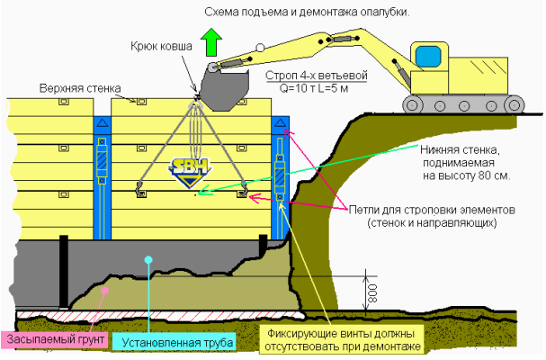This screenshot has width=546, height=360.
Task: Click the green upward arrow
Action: coord(211,42)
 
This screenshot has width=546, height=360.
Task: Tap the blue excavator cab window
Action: coord(428,56)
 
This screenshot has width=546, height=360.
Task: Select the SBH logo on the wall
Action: coord(190,172)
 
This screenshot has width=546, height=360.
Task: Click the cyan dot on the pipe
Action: coord(148,259)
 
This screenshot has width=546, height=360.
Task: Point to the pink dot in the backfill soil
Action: coord(105,290)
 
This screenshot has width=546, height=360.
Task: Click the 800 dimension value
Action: coord(371,293)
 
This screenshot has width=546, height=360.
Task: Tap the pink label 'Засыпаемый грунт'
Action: coord(56,339)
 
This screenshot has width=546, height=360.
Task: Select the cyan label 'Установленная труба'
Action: coord(177,343)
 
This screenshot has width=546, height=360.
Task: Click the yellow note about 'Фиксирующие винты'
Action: coord(342,340)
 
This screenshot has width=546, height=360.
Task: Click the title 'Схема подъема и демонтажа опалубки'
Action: coord(307,13)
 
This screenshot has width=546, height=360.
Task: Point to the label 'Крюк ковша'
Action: coord(161,47)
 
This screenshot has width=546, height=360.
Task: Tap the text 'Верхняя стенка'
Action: coord(80,88)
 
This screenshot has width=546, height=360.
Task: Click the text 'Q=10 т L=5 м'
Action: coord(314,88)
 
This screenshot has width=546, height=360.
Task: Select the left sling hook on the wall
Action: coord(139,188)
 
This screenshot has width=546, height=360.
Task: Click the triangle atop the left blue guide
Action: coord(102,122)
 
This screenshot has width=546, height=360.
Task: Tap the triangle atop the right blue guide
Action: coord(280,122)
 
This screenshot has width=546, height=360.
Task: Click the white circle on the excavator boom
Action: coord(260,48)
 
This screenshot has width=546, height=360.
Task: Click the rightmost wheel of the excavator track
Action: coord(515,105)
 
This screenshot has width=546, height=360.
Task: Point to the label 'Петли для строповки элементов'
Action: coord(432,210)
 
